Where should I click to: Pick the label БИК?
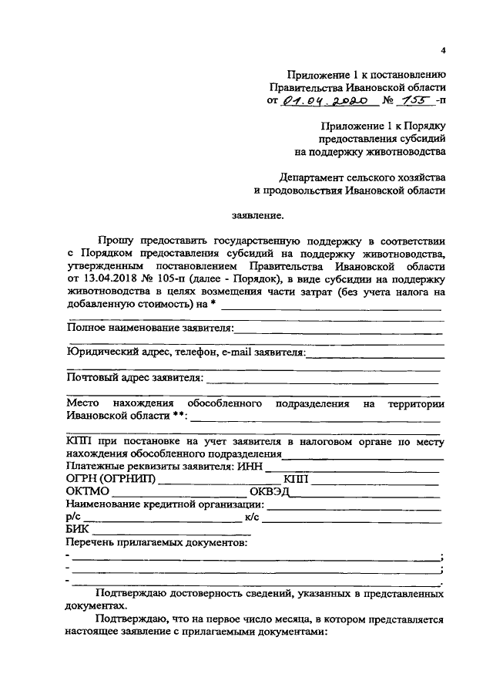pos(77,530)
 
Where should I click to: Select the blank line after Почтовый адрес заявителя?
pos(324,380)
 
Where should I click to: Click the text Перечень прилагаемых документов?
pos(157,543)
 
